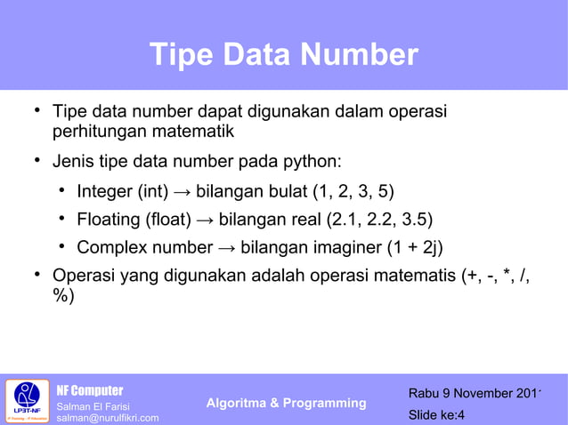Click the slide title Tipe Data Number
click(283, 55)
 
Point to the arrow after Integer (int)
click(183, 191)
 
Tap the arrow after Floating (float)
click(204, 220)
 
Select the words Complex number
click(141, 247)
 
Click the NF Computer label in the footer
click(90, 390)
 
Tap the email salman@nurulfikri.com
click(108, 418)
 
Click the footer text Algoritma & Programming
click(286, 403)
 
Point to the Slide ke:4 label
click(436, 414)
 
